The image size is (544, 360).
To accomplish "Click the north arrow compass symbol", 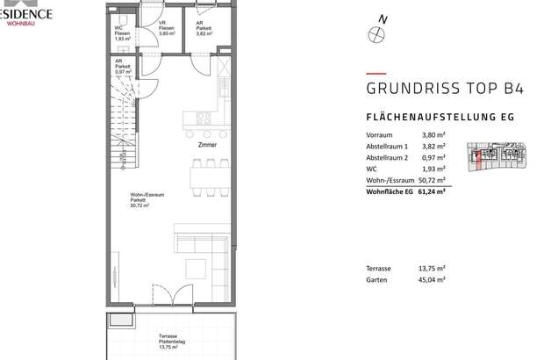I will tap(378, 32).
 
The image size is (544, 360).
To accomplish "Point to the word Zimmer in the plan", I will tap(208, 145).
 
